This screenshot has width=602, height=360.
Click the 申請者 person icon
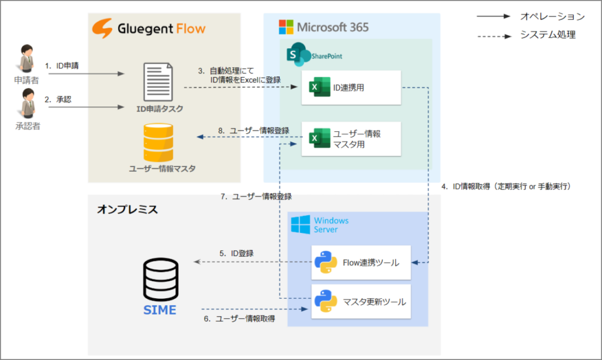27,58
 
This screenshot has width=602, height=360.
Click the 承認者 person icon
27,104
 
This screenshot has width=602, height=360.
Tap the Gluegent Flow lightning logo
103,28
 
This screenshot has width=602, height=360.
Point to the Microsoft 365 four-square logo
286,27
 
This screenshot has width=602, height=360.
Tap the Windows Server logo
300,224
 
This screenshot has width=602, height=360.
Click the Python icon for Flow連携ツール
325,262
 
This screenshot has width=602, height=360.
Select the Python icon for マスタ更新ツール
325,301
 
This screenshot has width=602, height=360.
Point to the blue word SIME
160,310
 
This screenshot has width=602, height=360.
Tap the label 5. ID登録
236,253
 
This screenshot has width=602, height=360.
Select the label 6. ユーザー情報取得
238,318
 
